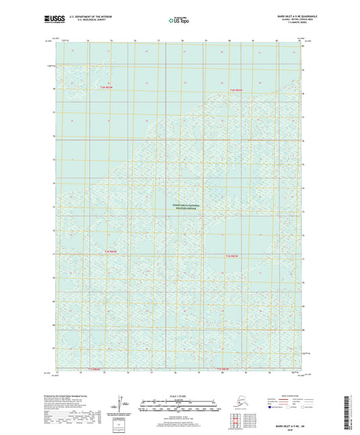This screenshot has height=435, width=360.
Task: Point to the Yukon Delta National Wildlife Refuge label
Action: [x=186, y=206]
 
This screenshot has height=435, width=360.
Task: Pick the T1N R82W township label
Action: [x=232, y=257]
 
